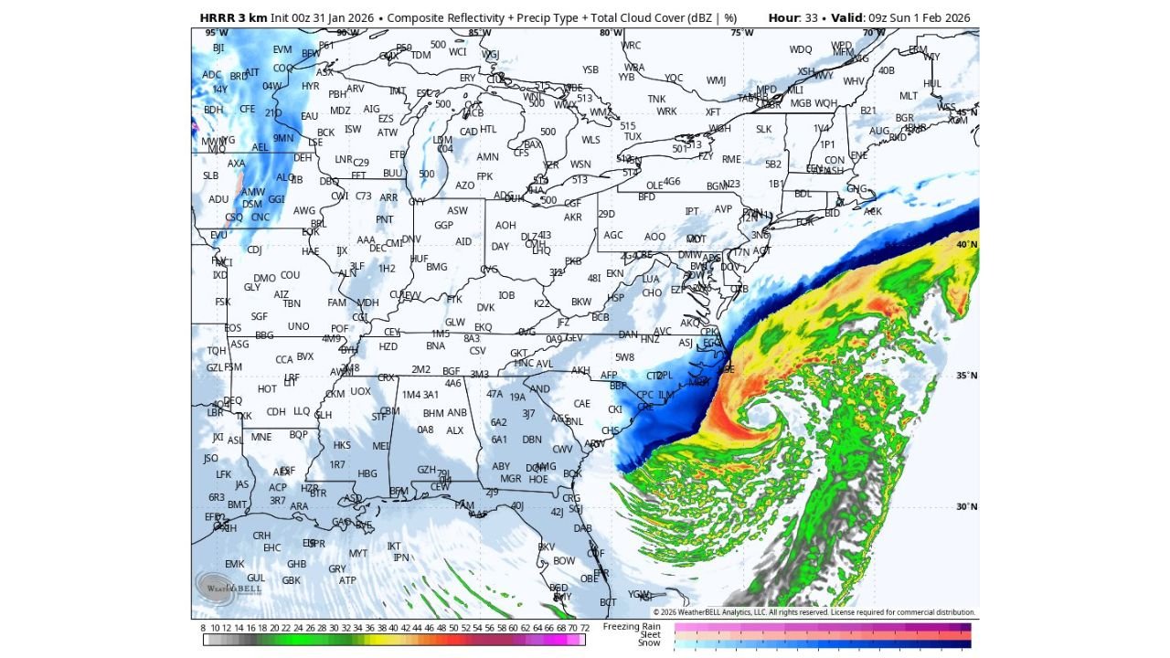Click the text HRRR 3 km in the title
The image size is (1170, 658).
pos(233,18)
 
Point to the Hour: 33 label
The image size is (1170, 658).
pos(795,18)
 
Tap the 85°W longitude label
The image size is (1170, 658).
pos(479,33)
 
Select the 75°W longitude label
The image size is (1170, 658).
pos(742,33)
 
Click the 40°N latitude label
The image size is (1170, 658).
pos(967,245)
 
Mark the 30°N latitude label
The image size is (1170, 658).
pos(967,507)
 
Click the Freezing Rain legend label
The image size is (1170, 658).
pos(638,626)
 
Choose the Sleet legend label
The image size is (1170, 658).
pos(650,634)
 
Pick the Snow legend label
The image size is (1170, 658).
pos(649,642)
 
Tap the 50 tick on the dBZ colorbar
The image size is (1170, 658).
pos(453,628)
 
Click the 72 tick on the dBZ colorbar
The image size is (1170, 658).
pos(584,628)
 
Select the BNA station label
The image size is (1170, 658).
pos(435,345)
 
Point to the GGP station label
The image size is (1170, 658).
pos(443,225)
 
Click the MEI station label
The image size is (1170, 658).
pos(381,446)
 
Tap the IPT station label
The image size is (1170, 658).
pos(692,212)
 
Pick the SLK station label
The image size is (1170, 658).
pos(764,130)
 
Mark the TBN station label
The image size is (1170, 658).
pos(292,304)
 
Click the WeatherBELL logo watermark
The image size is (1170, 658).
pos(228,586)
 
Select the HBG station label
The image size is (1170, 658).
pos(367,474)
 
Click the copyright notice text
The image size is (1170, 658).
pos(814,612)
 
